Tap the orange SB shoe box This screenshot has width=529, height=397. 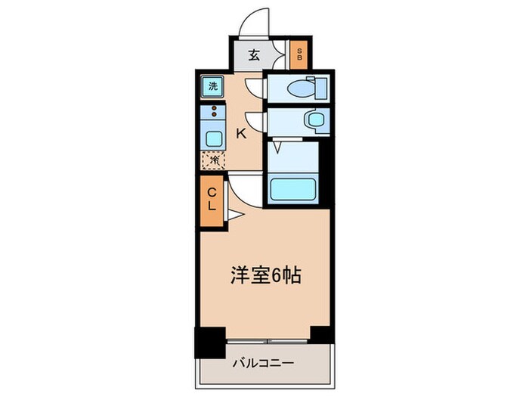(299, 54)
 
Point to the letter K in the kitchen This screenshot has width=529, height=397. (242, 134)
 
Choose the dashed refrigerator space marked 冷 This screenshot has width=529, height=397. (213, 160)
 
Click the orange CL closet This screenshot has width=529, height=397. (212, 200)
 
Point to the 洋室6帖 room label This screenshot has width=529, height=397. (265, 274)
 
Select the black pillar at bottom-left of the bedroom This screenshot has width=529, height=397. (210, 342)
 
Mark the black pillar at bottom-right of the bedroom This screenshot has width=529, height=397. (322, 333)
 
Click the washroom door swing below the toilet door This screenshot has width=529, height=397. (255, 122)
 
